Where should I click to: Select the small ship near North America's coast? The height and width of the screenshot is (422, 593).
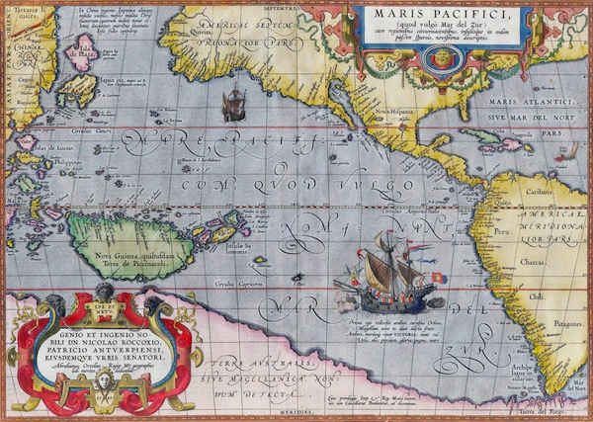coord(235,103)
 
